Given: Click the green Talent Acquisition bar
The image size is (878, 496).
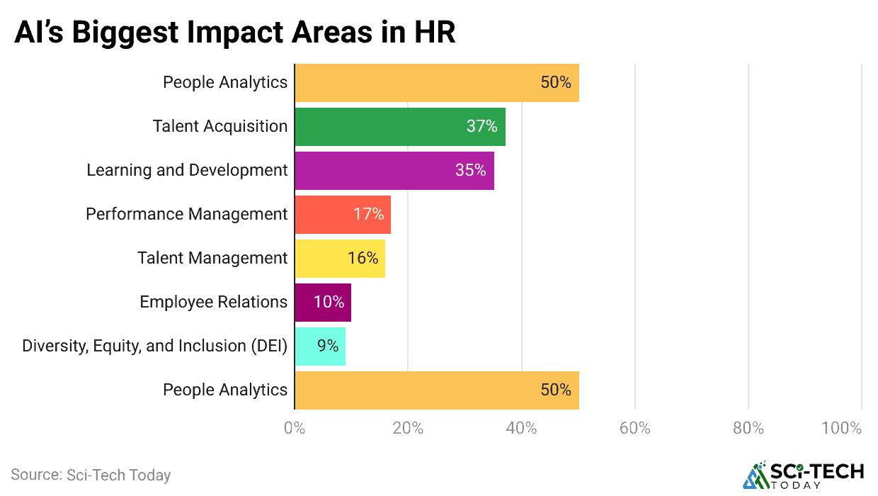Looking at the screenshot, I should [399, 126].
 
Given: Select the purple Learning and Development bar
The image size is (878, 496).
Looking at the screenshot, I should [394, 170].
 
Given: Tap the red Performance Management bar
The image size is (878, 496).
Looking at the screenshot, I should [342, 214].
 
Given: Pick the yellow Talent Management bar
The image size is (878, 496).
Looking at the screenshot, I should [339, 258].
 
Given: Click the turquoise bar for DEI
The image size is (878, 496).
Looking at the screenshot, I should [319, 346].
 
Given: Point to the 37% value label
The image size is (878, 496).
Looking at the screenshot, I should [481, 126].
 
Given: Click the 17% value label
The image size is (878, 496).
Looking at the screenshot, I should [368, 214].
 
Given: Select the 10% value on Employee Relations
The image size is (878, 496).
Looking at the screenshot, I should [329, 302].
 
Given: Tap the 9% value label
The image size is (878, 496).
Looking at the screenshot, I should [328, 346].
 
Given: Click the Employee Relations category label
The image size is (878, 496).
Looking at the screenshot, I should [213, 302].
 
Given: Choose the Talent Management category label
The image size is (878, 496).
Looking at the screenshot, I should [212, 258].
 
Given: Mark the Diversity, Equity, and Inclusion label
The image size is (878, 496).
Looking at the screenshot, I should [155, 346].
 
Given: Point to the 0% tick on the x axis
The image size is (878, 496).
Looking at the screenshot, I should [294, 428].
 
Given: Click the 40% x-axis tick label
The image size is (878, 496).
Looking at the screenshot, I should [521, 428].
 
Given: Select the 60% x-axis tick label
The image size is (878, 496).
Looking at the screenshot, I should [634, 428].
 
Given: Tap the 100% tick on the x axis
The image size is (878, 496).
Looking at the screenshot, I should [841, 428].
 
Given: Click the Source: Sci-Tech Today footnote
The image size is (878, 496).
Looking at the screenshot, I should [91, 475].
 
